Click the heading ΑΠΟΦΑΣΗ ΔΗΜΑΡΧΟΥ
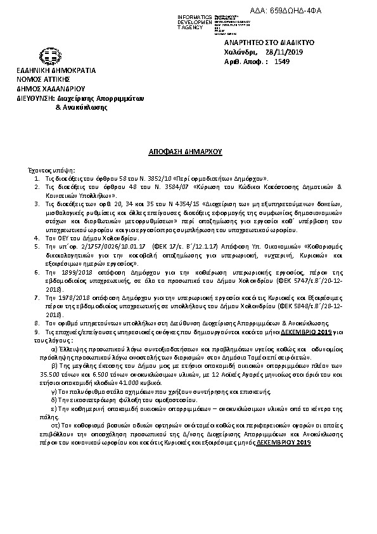click(x=189, y=153)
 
